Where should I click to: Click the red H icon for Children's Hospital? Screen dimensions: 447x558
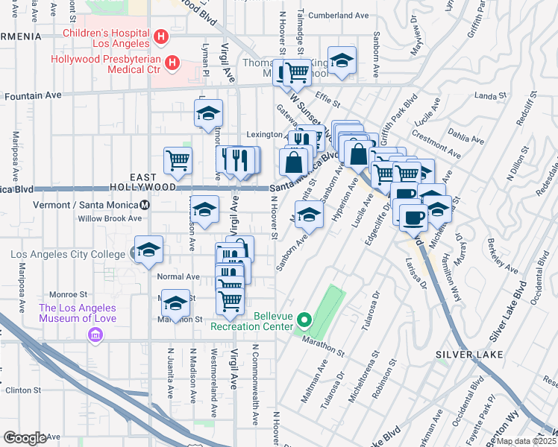(x=160, y=37)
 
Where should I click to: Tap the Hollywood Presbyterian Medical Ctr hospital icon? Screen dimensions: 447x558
(x=172, y=63)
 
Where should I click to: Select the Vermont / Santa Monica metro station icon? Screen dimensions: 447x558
(x=145, y=205)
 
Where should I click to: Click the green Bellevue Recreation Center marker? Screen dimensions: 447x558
(x=304, y=321)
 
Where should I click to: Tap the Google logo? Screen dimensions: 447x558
(x=25, y=438)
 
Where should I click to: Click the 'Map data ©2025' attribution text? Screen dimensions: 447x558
(x=526, y=440)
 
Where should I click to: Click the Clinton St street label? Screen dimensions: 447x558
(x=22, y=390)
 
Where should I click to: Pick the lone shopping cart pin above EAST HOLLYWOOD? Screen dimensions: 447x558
(x=178, y=159)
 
